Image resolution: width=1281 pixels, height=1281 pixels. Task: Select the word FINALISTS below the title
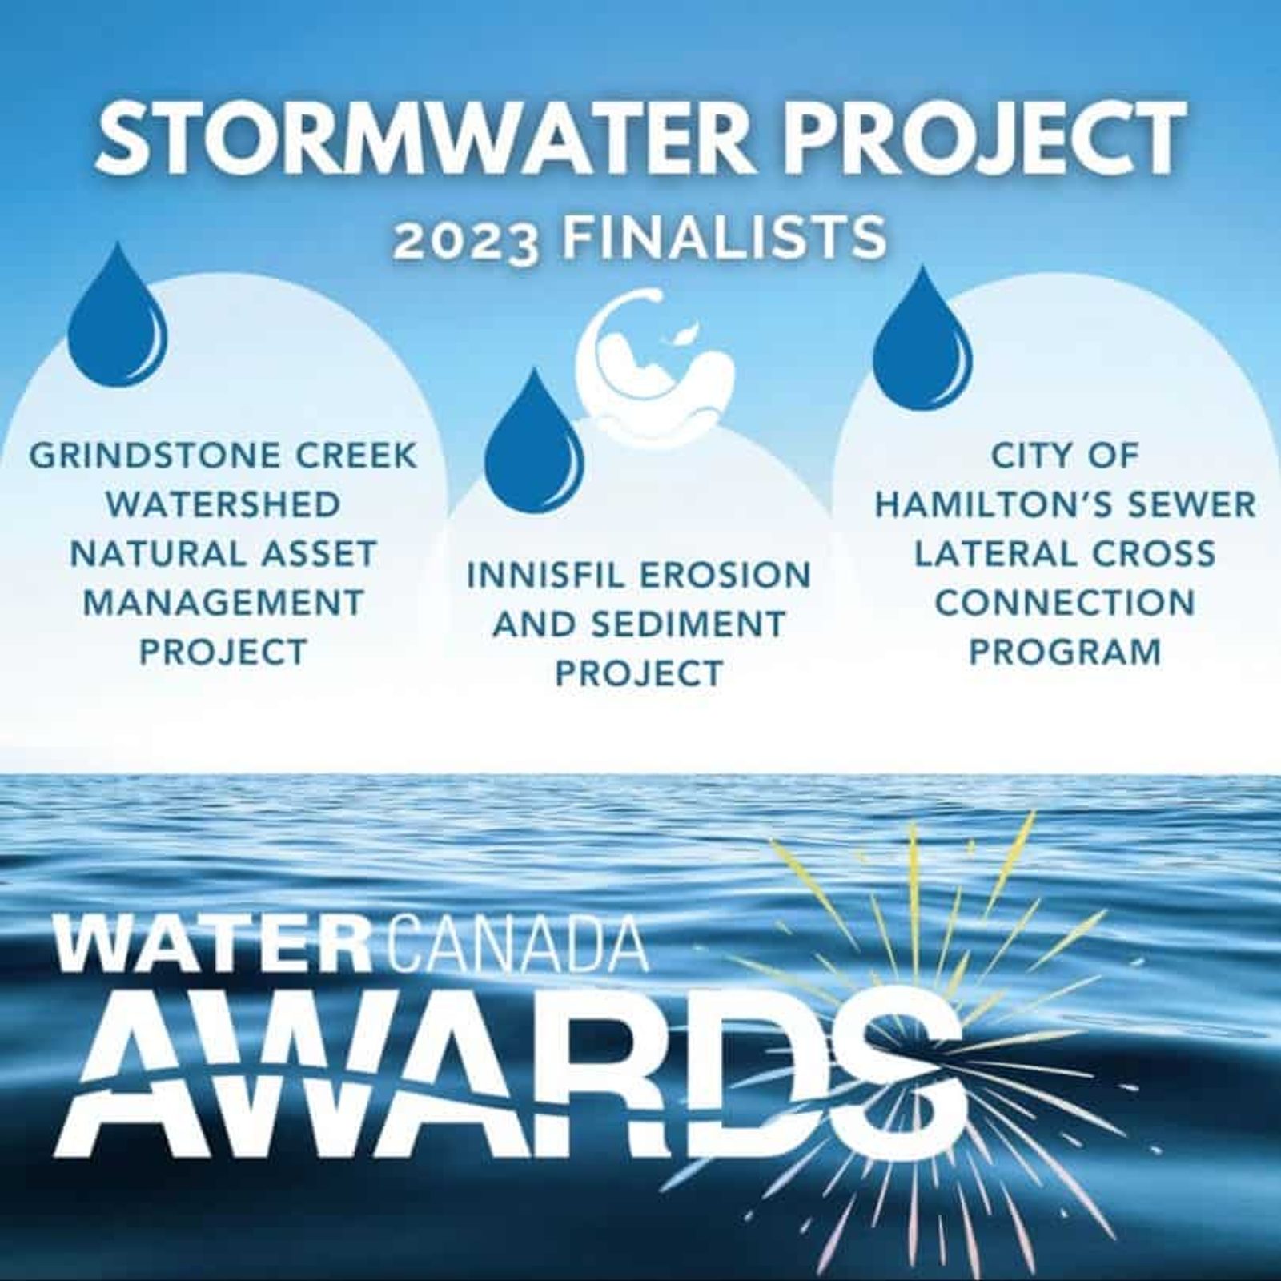point(724,237)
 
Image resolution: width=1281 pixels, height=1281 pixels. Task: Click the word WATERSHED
point(223,505)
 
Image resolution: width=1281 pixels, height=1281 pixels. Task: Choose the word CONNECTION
point(1065,603)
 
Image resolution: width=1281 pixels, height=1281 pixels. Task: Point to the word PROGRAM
point(1065,652)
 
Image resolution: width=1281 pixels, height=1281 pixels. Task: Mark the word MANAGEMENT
point(223,603)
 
